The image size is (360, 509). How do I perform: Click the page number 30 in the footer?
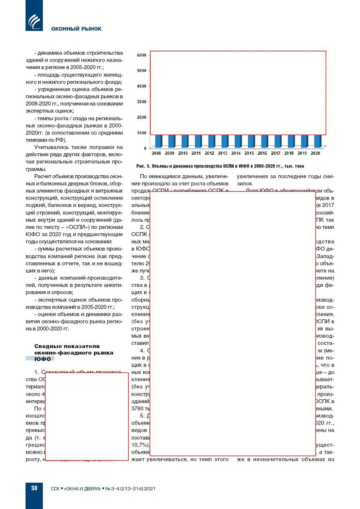point(34,488)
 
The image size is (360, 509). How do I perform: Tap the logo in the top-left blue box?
point(34,21)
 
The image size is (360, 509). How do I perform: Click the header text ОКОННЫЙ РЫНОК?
point(76,29)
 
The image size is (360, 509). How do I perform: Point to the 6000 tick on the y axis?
point(141,55)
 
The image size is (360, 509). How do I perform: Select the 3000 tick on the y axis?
point(141,102)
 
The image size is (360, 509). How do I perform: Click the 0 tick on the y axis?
point(145,148)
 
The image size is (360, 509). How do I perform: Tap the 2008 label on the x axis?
point(156,153)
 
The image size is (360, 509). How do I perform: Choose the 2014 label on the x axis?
point(236,153)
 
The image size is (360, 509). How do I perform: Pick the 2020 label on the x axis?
point(315,153)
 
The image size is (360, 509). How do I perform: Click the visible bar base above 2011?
point(198,141)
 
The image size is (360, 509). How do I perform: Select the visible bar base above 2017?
point(277,141)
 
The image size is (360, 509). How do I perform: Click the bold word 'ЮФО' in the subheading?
point(43,359)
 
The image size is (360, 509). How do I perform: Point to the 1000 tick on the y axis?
point(141,133)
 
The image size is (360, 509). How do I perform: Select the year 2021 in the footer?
point(150,488)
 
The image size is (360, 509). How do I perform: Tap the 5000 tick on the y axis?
point(141,71)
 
